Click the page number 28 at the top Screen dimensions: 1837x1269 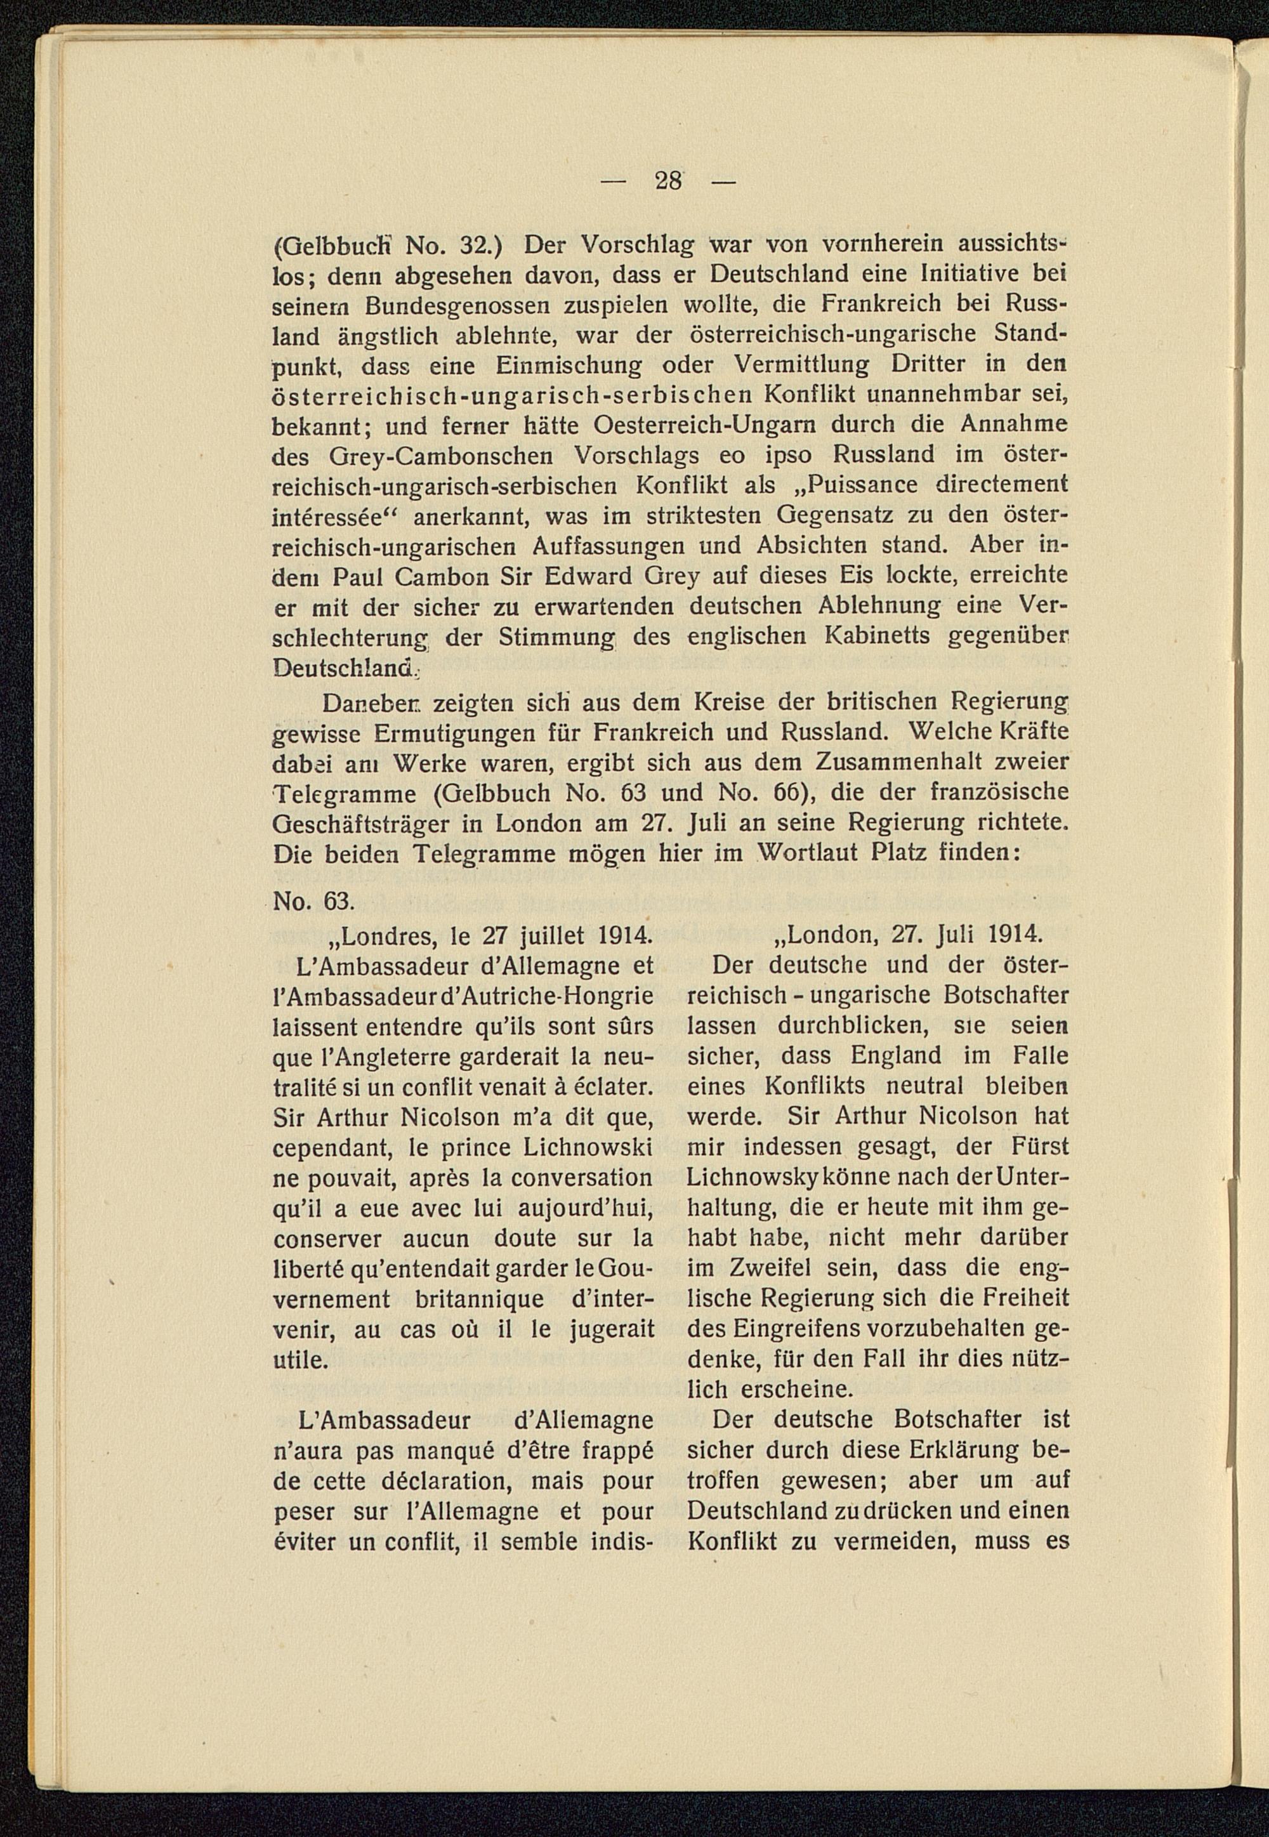(668, 182)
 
